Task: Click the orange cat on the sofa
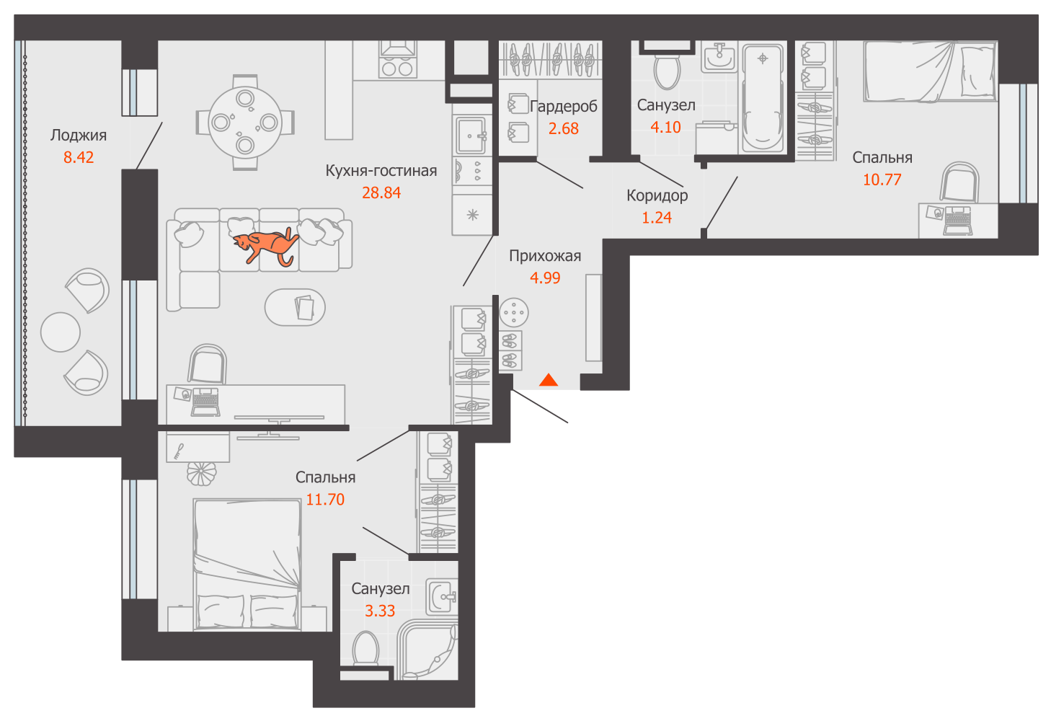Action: pyautogui.click(x=266, y=246)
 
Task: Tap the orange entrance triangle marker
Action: pyautogui.click(x=549, y=380)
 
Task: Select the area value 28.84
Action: pyautogui.click(x=381, y=193)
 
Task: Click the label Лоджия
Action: pyautogui.click(x=79, y=136)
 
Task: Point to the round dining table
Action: pyautogui.click(x=245, y=122)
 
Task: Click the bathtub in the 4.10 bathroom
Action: pyautogui.click(x=763, y=98)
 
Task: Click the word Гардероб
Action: pyautogui.click(x=564, y=107)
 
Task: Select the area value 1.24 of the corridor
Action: pyautogui.click(x=657, y=218)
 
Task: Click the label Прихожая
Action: pyautogui.click(x=545, y=256)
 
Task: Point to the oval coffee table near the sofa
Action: pyautogui.click(x=295, y=307)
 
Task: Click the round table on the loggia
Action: pyautogui.click(x=61, y=332)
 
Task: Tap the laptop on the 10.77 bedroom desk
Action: pyautogui.click(x=957, y=220)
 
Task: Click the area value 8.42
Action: pyautogui.click(x=79, y=158)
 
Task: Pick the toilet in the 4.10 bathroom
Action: pyautogui.click(x=667, y=71)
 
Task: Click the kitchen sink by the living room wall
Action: pyautogui.click(x=471, y=136)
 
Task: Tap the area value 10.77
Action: pyautogui.click(x=882, y=180)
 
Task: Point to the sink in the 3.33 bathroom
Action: pyautogui.click(x=441, y=597)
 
